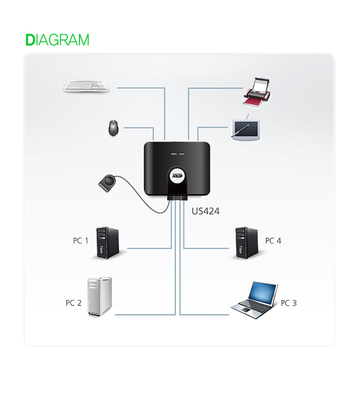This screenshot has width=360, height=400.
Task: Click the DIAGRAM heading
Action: [57, 40]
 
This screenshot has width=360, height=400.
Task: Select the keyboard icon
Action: [86, 86]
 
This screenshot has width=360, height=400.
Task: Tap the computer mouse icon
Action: [114, 128]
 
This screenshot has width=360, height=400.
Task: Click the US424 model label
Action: [205, 211]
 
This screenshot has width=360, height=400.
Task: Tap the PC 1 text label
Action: [80, 241]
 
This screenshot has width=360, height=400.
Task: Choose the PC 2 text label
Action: [73, 303]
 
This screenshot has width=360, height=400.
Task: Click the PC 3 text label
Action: [288, 303]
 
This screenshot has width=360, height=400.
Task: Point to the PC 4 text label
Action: [273, 241]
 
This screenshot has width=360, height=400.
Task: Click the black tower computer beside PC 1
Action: [107, 243]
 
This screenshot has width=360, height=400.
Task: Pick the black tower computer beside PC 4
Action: [246, 243]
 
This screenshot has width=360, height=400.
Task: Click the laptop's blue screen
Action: [263, 293]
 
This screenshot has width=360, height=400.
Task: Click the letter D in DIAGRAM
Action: [30, 40]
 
